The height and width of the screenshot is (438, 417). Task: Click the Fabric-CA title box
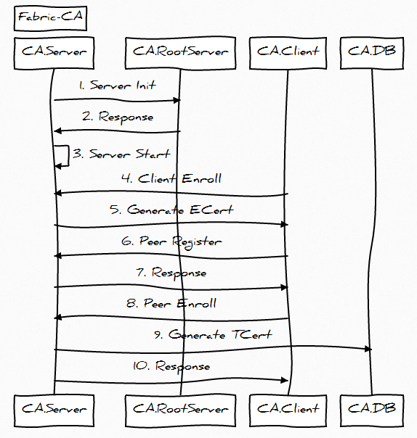[x=50, y=18]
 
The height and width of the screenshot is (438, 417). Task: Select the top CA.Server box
[x=54, y=53]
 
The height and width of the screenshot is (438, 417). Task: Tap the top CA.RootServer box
[x=180, y=53]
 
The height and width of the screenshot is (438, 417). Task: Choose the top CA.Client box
[x=288, y=53]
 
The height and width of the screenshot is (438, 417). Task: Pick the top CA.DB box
[x=372, y=53]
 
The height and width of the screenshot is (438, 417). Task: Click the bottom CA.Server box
[x=54, y=410]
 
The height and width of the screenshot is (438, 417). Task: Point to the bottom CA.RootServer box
[x=180, y=410]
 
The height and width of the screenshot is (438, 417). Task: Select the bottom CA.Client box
[x=288, y=410]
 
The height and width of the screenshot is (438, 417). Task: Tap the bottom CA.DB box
[x=372, y=410]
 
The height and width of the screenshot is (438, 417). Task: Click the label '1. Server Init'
[x=117, y=85]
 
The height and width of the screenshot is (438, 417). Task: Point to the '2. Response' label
[x=118, y=117]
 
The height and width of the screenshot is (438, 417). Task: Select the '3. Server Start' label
[x=121, y=154]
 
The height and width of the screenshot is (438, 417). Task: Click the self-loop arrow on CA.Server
[x=68, y=156]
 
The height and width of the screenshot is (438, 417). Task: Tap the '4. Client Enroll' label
[x=171, y=178]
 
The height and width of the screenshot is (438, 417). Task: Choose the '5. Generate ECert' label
[x=171, y=210]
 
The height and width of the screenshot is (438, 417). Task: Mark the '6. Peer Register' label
[x=171, y=242]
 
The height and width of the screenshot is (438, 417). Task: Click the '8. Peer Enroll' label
[x=171, y=303]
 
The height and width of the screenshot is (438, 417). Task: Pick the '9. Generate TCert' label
[x=213, y=334]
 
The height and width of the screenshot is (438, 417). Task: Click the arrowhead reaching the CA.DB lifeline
[x=368, y=349]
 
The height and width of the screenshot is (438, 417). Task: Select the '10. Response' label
[x=171, y=366]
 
